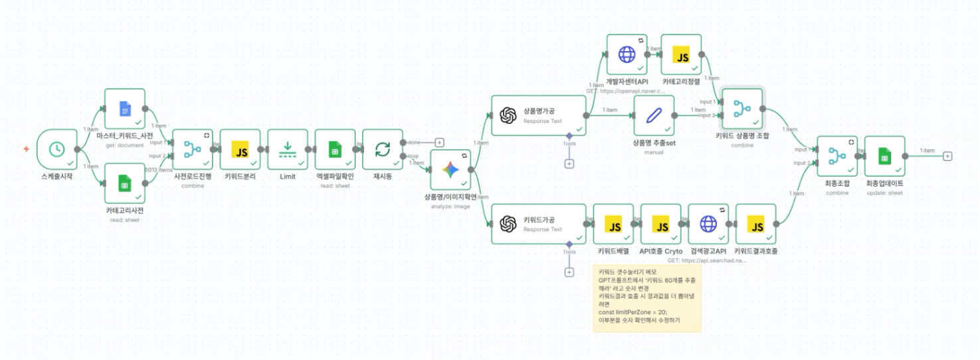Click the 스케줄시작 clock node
[57, 149]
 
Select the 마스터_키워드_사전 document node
[125, 109]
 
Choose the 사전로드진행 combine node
[193, 150]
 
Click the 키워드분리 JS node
[240, 150]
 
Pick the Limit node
[288, 150]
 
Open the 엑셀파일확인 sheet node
[336, 150]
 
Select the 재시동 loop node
[383, 150]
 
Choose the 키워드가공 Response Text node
[539, 224]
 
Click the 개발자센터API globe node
[627, 55]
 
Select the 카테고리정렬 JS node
[682, 55]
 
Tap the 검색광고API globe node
[709, 224]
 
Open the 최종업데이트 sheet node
[885, 157]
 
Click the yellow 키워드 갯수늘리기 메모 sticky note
[647, 298]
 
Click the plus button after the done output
[439, 142]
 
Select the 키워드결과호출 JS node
[757, 224]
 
